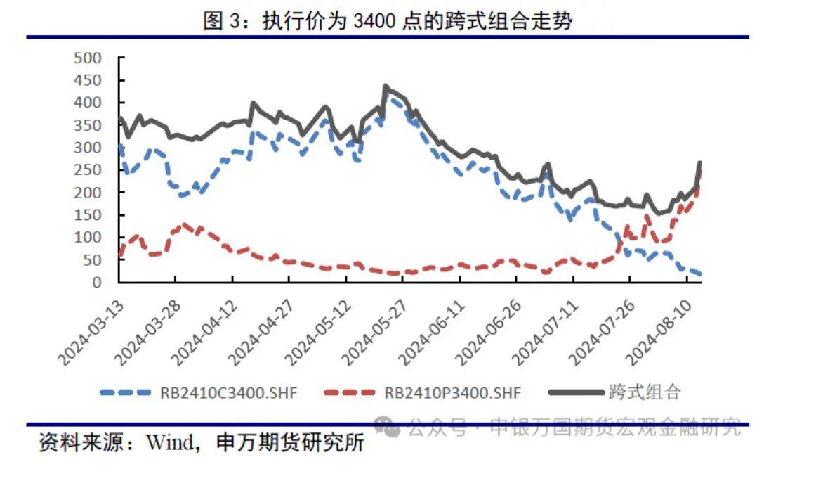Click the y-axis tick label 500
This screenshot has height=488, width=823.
[88, 58]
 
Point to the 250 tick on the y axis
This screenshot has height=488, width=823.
[88, 169]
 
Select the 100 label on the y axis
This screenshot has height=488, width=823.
[88, 237]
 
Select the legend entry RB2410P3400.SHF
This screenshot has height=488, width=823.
[452, 392]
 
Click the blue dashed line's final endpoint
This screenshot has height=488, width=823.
[700, 274]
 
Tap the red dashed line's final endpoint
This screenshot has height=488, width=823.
[700, 170]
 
